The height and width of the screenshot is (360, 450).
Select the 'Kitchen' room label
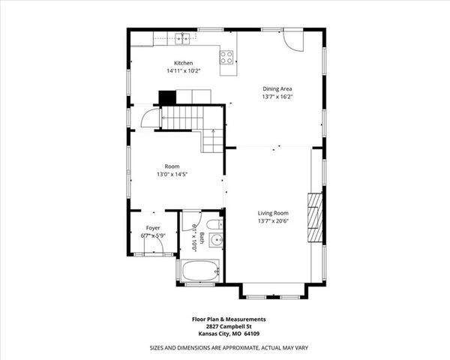(184, 63)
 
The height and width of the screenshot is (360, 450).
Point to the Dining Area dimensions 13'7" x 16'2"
(277, 97)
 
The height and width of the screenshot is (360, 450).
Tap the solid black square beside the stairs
(166, 97)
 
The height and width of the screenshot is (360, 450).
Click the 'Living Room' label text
(274, 212)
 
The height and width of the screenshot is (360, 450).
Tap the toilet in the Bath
(213, 225)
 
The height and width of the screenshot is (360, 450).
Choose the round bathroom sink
(215, 241)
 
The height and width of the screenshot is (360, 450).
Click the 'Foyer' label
(153, 227)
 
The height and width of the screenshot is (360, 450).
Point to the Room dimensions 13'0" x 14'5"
(172, 175)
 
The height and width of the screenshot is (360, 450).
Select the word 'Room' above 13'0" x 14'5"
(172, 166)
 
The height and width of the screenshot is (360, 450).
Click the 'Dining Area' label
(277, 88)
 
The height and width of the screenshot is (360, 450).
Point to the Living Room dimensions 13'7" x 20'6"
(274, 220)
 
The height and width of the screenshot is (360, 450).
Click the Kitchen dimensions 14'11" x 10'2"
(184, 71)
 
